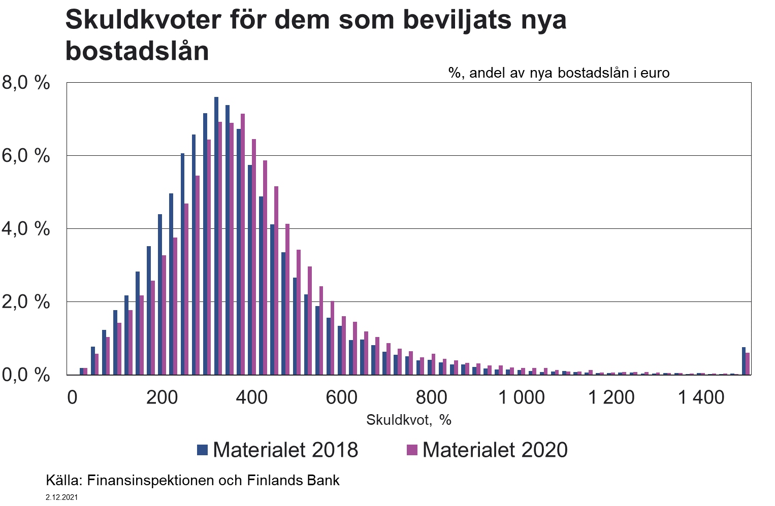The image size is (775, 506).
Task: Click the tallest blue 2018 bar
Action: coord(216,236)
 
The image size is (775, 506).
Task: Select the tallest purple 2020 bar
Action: coord(243,244)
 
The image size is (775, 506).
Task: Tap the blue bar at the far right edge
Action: coord(744,361)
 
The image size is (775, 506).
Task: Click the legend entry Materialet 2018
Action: coord(278,450)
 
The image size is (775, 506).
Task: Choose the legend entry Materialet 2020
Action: coord(488,450)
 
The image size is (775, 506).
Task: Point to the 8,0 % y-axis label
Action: coord(26,82)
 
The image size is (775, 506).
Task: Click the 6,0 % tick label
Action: coord(26,155)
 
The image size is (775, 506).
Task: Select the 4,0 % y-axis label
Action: coord(26,228)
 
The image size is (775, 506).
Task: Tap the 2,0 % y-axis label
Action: coord(26,301)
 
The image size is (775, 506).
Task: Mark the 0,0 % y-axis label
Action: coord(26,375)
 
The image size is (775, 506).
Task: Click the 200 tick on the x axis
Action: coord(162,397)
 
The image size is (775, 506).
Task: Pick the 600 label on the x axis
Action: coord(342,397)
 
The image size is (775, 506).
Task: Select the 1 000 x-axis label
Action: coord(521,397)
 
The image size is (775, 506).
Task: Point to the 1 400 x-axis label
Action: coord(701,397)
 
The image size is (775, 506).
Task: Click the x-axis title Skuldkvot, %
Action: coord(409,420)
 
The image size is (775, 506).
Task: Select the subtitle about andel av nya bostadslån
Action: coord(559,73)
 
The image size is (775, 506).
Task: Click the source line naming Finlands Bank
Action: coord(192,480)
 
